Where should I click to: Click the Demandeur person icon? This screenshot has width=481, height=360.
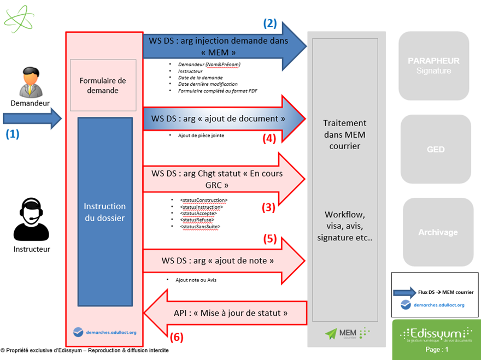point(30,82)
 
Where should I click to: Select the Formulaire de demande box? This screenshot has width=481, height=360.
point(103,85)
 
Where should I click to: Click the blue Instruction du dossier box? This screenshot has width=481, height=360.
point(104,212)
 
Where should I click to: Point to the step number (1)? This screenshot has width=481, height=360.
point(12,134)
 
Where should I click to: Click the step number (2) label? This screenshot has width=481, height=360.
point(270,23)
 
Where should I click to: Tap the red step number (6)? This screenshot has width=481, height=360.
point(177,337)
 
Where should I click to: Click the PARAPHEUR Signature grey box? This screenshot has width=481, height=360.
point(433,66)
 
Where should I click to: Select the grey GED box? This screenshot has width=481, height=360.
point(436,149)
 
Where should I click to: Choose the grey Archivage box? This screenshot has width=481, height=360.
point(438,232)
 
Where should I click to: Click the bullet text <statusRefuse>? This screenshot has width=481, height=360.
point(198,220)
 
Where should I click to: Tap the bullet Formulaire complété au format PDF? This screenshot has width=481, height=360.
point(218,91)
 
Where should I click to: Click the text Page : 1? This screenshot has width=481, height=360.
point(436,350)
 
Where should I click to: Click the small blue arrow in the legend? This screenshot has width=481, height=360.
point(404,292)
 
